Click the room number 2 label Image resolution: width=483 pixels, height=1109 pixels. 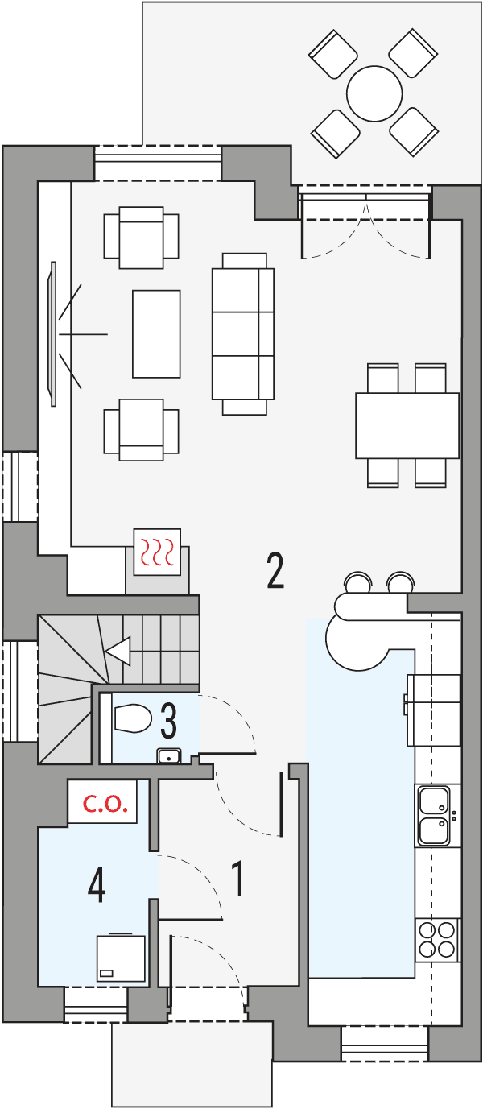tap(275, 570)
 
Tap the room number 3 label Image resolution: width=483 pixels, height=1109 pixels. tap(168, 721)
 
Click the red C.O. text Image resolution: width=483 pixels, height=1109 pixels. tap(107, 803)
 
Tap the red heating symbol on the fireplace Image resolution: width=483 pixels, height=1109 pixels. tap(157, 552)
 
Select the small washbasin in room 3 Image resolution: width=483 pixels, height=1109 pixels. tap(167, 755)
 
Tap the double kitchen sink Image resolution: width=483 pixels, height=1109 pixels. tap(435, 816)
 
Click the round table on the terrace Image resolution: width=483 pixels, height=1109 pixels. tap(374, 93)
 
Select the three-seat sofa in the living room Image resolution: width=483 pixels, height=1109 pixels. tap(242, 333)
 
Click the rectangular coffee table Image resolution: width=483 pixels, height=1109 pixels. tap(156, 333)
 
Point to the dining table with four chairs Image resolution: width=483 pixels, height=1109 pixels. tap(407, 424)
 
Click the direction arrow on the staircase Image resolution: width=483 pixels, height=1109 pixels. tap(118, 651)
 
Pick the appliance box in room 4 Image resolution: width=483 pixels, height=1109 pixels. tap(121, 958)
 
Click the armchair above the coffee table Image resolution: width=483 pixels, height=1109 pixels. tap(141, 238)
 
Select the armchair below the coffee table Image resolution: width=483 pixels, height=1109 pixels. tap(141, 429)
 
